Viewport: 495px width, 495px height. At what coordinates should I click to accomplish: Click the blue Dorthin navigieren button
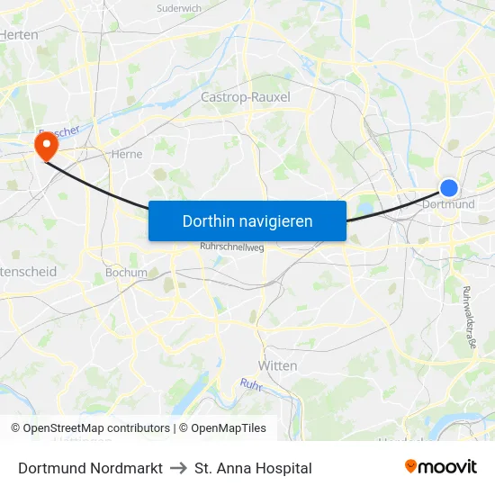point(247,220)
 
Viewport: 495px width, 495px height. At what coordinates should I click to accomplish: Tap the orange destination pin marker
point(44,144)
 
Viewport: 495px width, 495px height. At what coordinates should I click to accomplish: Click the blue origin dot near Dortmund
point(449,187)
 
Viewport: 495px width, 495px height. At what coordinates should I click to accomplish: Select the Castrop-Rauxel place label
point(245,96)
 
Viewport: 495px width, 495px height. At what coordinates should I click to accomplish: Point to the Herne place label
point(127,154)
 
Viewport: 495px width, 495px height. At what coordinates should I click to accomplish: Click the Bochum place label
point(126,272)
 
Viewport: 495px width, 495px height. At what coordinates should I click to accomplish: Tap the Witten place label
point(277,365)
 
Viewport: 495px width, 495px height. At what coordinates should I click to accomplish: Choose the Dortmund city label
point(448,204)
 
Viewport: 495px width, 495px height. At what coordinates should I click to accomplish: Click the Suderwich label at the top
point(179,8)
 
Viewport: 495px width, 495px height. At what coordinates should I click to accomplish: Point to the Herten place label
point(20,34)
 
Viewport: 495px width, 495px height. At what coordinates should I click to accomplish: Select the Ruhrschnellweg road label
point(231,247)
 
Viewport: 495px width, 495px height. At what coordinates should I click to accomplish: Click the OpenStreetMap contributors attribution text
point(90,428)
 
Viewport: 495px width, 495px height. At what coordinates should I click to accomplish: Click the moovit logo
point(440,467)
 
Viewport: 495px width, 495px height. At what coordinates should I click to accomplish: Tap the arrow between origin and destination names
point(178,468)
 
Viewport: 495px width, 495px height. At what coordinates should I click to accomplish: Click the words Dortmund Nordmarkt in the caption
point(90,468)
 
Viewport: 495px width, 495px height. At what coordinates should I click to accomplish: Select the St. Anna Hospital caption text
point(253,468)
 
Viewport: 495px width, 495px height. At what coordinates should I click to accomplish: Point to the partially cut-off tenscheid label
point(29,271)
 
